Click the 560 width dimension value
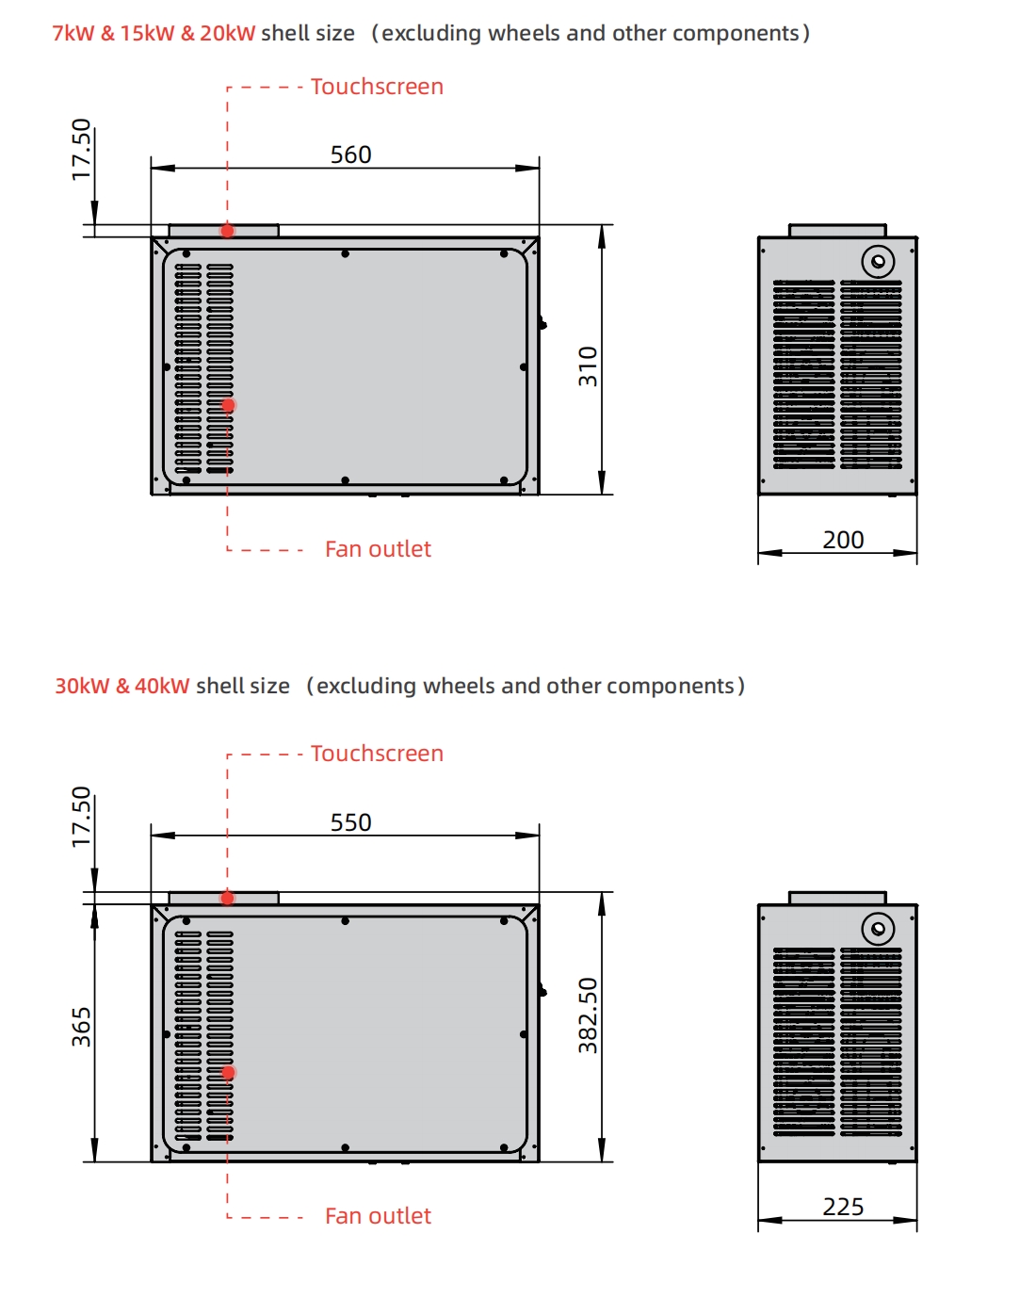click(x=350, y=154)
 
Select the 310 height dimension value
click(x=589, y=366)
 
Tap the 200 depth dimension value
click(x=843, y=540)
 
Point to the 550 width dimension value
click(x=350, y=822)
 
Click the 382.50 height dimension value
click(x=589, y=1015)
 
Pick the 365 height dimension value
click(x=82, y=1027)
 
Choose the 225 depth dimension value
click(x=843, y=1207)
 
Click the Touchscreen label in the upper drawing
click(x=377, y=87)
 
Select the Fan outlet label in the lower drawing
click(x=378, y=1216)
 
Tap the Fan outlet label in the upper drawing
click(x=378, y=549)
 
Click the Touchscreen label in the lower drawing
click(x=377, y=754)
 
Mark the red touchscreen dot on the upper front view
click(x=228, y=231)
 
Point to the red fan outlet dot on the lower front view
click(x=228, y=1073)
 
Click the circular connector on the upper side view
click(x=878, y=261)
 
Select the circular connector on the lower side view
click(x=878, y=929)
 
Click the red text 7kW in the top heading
click(x=73, y=33)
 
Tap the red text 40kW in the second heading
click(x=162, y=686)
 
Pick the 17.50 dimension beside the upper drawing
click(x=82, y=149)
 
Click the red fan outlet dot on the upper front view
click(x=228, y=406)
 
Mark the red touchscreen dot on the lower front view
click(x=228, y=899)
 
